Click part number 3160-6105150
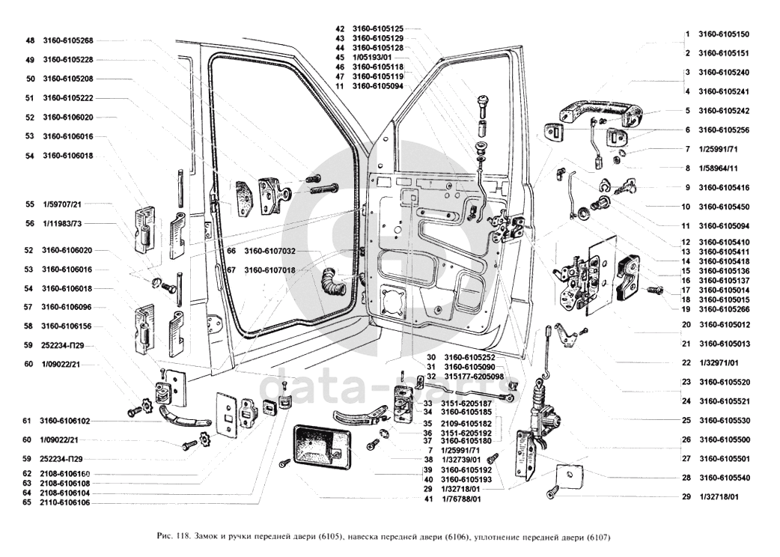click(x=723, y=34)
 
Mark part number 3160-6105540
click(x=723, y=477)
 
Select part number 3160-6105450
click(x=723, y=207)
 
